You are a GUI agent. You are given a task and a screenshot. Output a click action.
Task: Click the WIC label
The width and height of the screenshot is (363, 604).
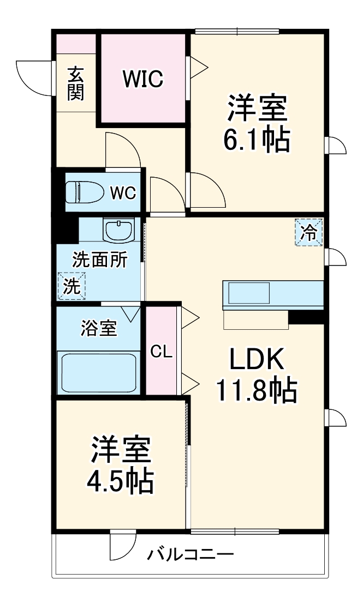142,79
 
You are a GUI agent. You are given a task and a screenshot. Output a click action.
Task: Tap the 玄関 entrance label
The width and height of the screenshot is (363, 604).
75,83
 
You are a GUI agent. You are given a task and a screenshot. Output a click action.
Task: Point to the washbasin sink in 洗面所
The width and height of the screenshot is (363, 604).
119,231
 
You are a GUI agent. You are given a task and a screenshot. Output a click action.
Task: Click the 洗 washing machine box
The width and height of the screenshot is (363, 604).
72,286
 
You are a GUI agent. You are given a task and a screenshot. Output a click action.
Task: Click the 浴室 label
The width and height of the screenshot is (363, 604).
99,329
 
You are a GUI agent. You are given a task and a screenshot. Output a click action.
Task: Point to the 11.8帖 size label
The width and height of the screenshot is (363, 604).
257,389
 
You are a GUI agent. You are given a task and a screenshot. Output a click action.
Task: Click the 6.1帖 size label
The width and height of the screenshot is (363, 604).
257,140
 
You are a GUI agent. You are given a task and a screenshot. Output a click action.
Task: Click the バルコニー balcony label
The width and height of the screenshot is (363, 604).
190,556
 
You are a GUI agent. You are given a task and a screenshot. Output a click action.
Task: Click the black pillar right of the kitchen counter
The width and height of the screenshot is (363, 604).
306,316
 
